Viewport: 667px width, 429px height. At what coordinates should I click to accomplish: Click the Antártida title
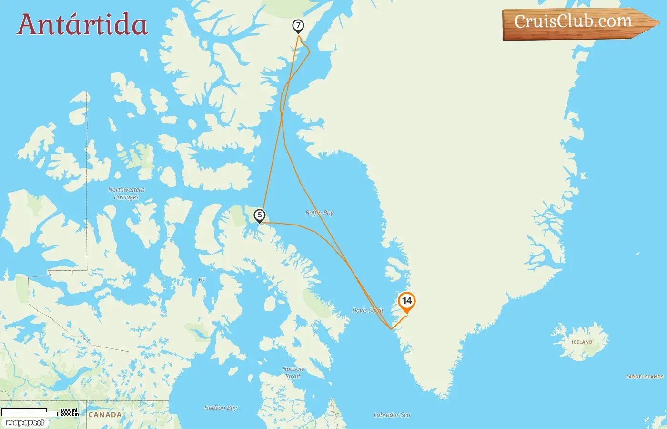point(82,25)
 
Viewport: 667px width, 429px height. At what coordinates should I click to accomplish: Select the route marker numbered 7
point(298,26)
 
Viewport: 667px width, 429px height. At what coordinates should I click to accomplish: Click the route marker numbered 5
point(260,215)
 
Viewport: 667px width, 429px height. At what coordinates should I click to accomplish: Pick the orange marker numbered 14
point(406,301)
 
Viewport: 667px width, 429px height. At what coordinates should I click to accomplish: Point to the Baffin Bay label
point(319,213)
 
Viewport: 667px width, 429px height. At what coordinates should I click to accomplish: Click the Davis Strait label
point(368,310)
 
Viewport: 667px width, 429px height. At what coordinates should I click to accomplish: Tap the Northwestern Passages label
point(126,193)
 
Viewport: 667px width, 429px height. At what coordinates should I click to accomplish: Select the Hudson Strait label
point(293,372)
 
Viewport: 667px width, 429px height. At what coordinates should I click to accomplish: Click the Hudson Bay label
point(221,408)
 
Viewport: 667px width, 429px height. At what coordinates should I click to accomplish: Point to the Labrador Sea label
point(392,415)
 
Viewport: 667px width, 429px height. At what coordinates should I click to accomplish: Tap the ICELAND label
point(582,342)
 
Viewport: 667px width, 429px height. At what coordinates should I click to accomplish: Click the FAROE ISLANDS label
point(644,377)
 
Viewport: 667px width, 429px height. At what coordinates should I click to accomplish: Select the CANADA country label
point(105,415)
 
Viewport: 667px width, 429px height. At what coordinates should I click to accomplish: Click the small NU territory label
point(202,279)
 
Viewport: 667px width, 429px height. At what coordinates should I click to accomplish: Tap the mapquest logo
point(25,423)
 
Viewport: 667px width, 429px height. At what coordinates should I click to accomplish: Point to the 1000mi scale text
point(69,410)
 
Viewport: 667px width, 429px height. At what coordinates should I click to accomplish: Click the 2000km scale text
point(69,414)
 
